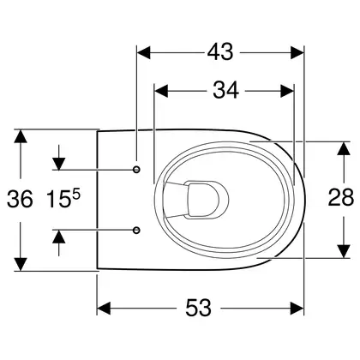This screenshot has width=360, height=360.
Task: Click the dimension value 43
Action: [x=220, y=52]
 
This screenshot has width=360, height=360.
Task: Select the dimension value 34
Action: [x=225, y=91]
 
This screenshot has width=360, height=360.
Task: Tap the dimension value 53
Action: [x=198, y=308]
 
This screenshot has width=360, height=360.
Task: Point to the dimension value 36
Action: [x=20, y=199]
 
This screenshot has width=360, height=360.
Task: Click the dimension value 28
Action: [x=340, y=198]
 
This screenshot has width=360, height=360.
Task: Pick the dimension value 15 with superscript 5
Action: [x=63, y=199]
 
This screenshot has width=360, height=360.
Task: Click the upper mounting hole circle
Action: [x=137, y=170]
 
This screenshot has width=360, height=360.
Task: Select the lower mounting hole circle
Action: [x=137, y=230]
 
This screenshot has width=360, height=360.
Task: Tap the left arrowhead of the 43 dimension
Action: [x=144, y=53]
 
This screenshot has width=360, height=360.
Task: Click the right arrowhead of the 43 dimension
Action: [x=297, y=53]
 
